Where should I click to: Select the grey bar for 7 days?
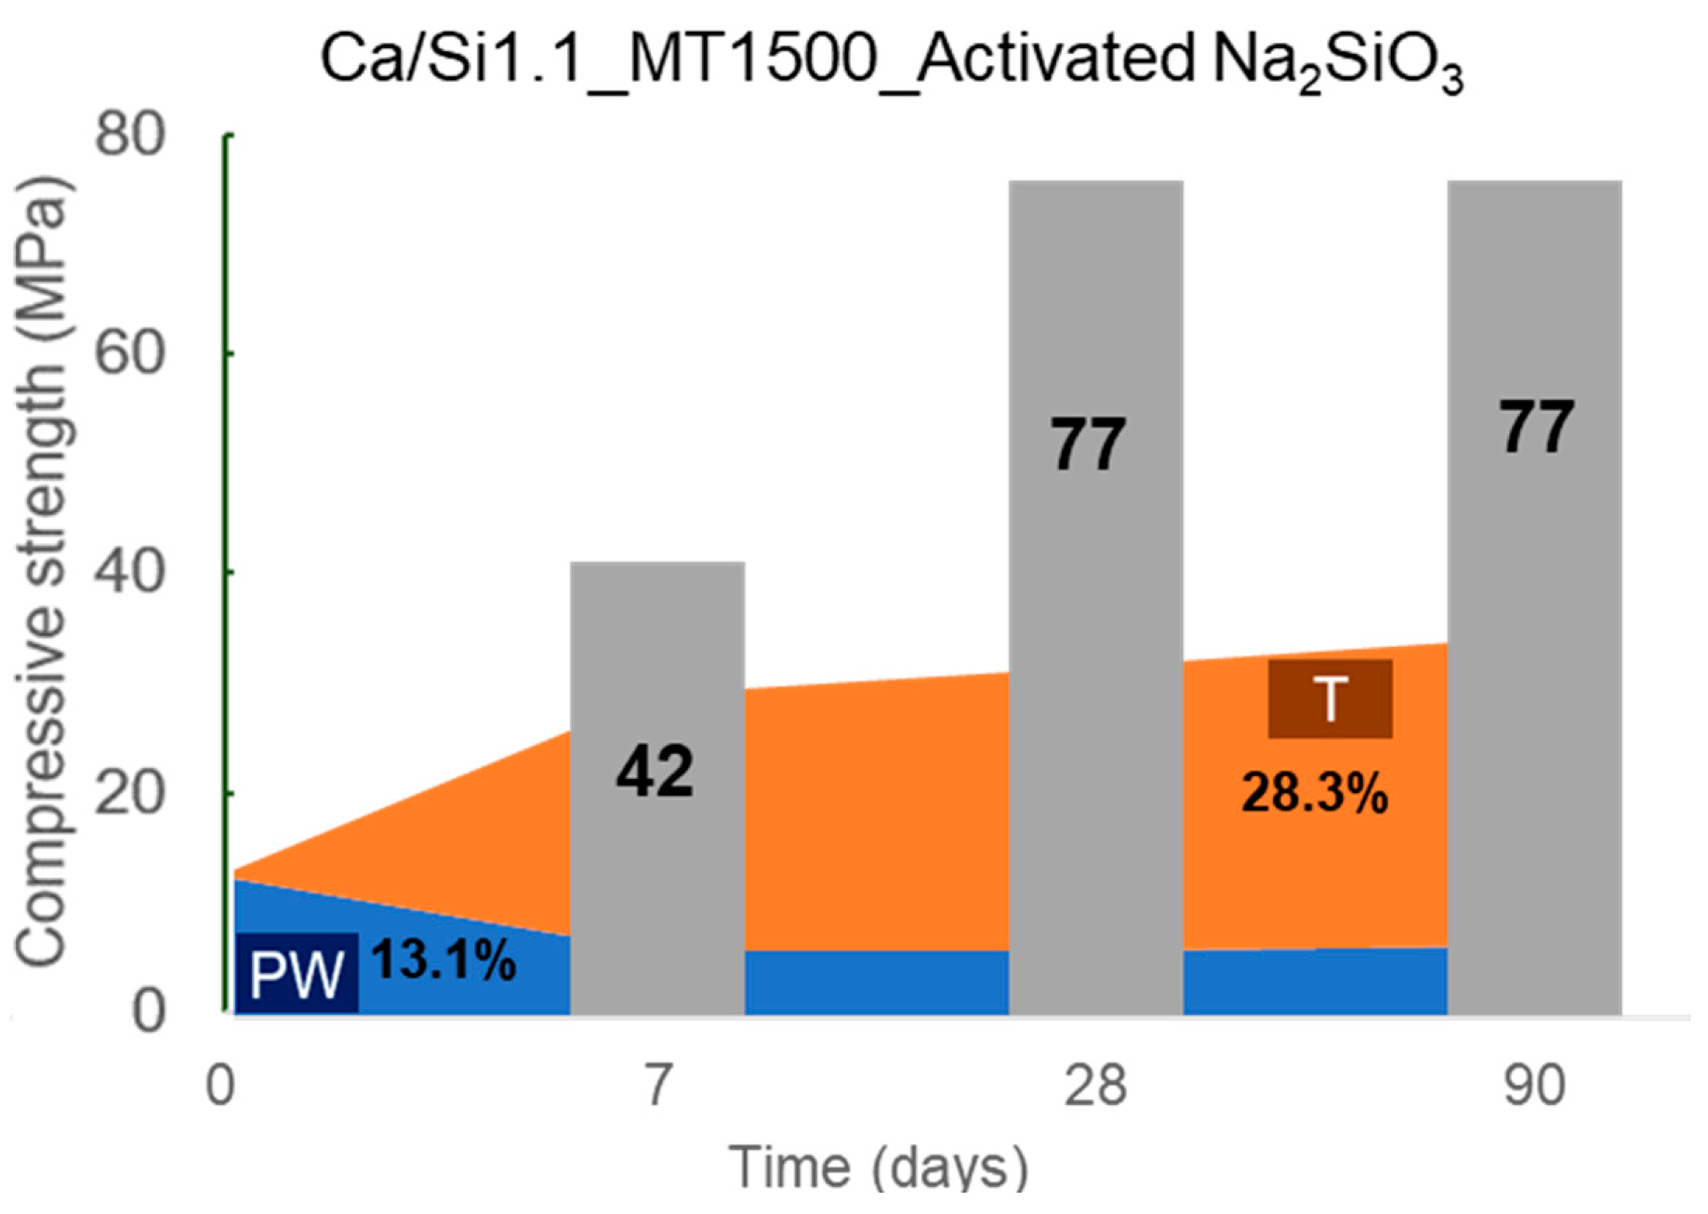(x=656, y=651)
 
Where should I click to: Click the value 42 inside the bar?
(x=655, y=772)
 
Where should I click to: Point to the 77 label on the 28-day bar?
(x=1088, y=444)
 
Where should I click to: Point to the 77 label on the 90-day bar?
(x=1536, y=428)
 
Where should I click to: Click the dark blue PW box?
(x=297, y=974)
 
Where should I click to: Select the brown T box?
(x=1330, y=699)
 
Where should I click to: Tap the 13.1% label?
(x=444, y=960)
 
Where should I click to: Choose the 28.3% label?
(x=1314, y=795)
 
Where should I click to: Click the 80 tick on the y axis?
(x=130, y=135)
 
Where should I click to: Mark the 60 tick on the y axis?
(x=130, y=353)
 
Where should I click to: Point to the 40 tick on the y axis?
(x=130, y=573)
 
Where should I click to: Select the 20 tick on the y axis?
(x=130, y=792)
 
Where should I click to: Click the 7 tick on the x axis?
(x=657, y=1085)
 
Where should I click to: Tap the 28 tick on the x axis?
(x=1094, y=1085)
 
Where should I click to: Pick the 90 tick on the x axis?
(x=1534, y=1085)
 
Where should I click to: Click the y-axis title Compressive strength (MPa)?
(x=42, y=572)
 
